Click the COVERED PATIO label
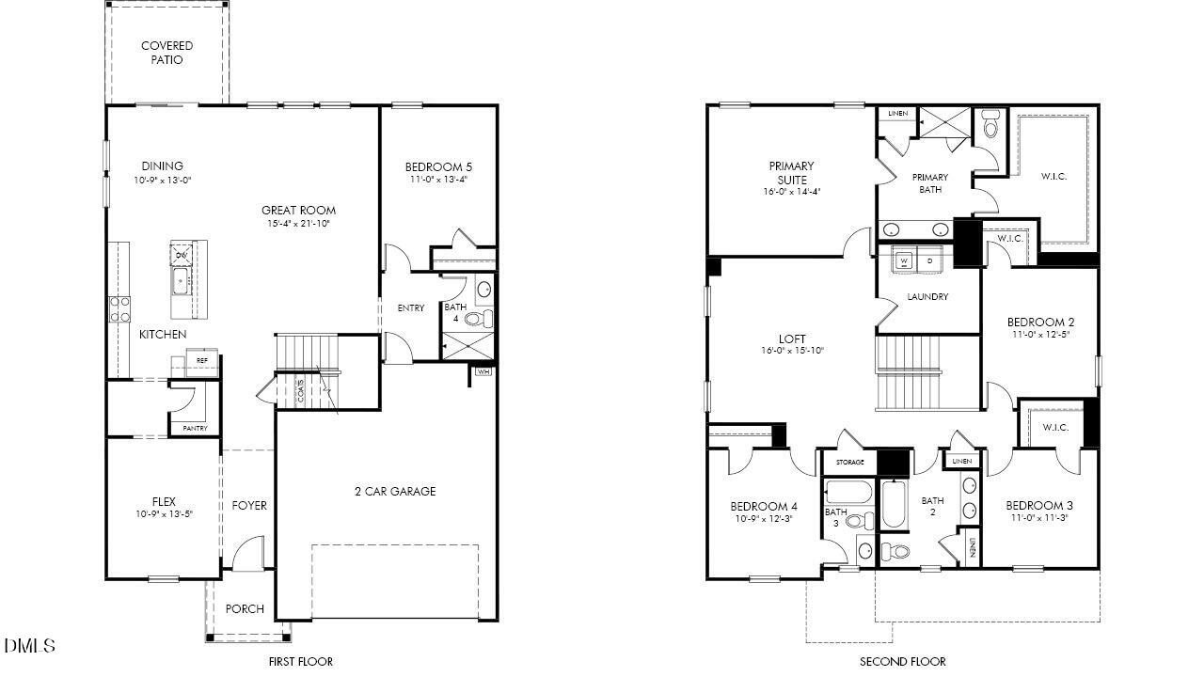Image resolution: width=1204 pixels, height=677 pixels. click(167, 53)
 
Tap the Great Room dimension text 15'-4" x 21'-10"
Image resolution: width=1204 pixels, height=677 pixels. click(298, 224)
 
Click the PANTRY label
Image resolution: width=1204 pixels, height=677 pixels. click(196, 429)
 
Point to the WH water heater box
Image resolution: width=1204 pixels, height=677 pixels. click(483, 372)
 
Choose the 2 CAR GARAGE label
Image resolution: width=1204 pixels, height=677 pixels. click(395, 491)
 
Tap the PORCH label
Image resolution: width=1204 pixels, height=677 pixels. click(245, 608)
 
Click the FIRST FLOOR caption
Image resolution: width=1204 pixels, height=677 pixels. click(301, 662)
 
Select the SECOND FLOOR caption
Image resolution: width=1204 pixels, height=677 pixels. click(902, 662)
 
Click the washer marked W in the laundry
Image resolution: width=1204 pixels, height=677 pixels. click(904, 260)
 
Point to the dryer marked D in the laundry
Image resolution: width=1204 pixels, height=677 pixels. click(929, 260)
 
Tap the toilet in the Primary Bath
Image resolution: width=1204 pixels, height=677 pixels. click(990, 124)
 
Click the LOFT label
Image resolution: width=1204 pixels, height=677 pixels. click(792, 338)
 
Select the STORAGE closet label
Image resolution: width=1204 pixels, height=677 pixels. click(849, 463)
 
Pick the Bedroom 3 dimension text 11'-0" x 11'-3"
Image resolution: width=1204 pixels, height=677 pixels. click(1039, 518)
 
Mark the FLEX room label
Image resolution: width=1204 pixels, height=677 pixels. click(164, 501)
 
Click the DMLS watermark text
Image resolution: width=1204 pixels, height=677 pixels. click(30, 646)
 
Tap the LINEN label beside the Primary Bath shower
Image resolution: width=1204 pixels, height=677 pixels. click(897, 114)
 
